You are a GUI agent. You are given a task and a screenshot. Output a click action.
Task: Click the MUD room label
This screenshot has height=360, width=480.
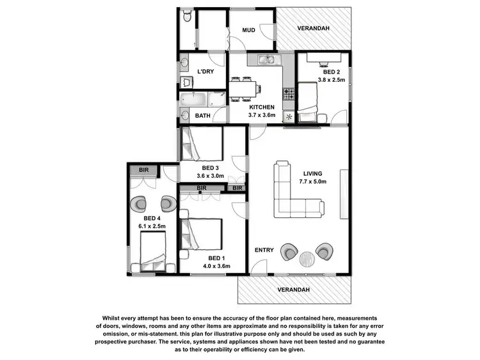(249, 30)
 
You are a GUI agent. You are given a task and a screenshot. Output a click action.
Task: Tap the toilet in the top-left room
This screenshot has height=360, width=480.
(186, 17)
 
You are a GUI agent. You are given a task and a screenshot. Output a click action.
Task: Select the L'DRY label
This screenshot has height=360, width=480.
(205, 71)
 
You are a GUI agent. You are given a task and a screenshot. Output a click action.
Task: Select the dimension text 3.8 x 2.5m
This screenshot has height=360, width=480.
(332, 81)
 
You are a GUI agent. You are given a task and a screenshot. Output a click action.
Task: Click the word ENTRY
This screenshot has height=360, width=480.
(264, 250)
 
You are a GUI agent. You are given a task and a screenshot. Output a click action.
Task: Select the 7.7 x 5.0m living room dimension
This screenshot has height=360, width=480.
(312, 182)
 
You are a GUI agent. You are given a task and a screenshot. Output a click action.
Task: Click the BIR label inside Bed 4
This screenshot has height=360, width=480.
(144, 170)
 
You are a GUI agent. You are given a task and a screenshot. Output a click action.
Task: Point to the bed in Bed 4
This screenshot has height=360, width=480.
(150, 253)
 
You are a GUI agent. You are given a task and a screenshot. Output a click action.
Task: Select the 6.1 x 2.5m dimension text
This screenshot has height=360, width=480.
(152, 226)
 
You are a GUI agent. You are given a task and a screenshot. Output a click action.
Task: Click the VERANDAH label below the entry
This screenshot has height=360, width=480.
(294, 290)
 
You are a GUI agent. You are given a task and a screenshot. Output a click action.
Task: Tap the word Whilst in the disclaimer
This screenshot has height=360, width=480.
(113, 318)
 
